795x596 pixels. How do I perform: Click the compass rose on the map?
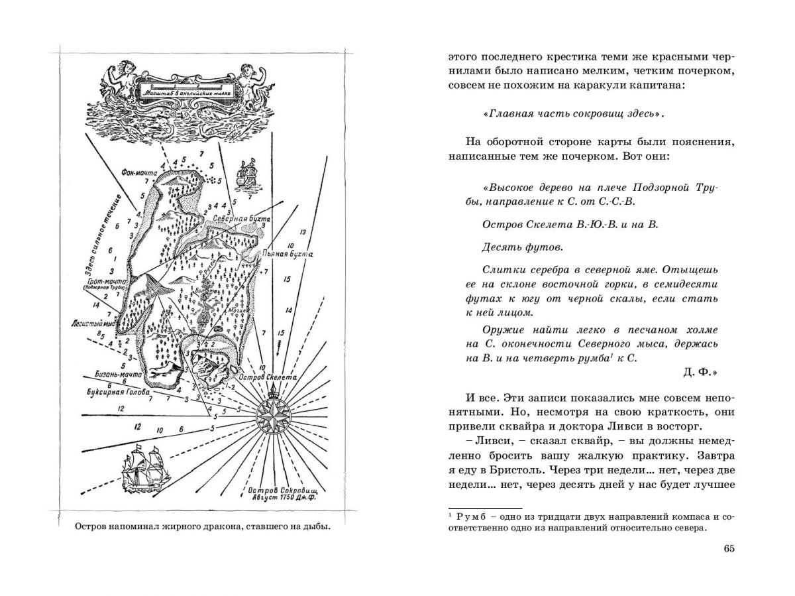pyautogui.click(x=274, y=414)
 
